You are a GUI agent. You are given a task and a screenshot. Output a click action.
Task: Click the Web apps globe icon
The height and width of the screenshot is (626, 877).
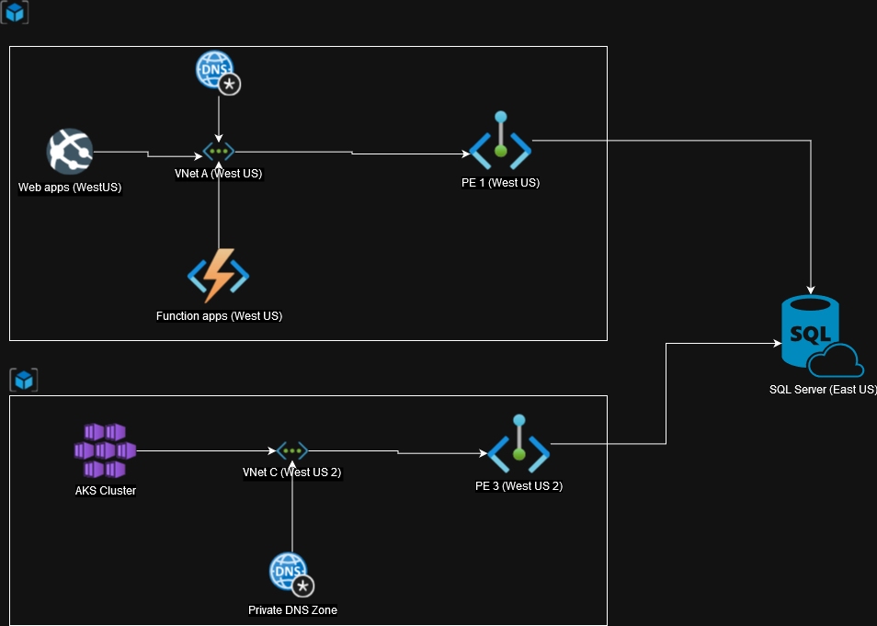[70, 151]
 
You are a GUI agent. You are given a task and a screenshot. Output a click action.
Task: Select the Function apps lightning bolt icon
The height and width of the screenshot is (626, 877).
[219, 276]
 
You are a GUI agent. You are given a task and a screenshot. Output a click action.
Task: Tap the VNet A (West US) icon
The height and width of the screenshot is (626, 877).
[219, 152]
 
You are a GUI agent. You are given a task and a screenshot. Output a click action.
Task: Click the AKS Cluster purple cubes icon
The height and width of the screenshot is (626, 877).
[105, 450]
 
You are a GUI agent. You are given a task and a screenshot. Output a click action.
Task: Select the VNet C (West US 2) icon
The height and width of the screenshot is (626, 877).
[292, 450]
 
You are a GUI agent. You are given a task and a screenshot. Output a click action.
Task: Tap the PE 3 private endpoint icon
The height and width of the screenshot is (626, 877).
[518, 445]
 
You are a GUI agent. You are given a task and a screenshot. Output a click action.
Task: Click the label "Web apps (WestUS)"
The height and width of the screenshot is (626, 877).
[70, 188]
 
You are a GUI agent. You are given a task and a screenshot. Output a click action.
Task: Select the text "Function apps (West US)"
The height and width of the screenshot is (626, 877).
[219, 316]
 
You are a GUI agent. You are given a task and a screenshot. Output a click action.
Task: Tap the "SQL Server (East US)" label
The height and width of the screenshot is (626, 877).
[822, 389]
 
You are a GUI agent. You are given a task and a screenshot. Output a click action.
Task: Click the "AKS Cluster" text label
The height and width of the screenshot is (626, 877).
[106, 491]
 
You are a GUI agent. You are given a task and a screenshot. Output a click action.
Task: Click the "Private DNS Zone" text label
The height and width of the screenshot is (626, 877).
[292, 609]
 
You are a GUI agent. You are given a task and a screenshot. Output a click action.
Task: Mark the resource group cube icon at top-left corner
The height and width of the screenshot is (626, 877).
[16, 12]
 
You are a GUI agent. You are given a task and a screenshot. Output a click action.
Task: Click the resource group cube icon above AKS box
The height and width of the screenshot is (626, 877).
[23, 380]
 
